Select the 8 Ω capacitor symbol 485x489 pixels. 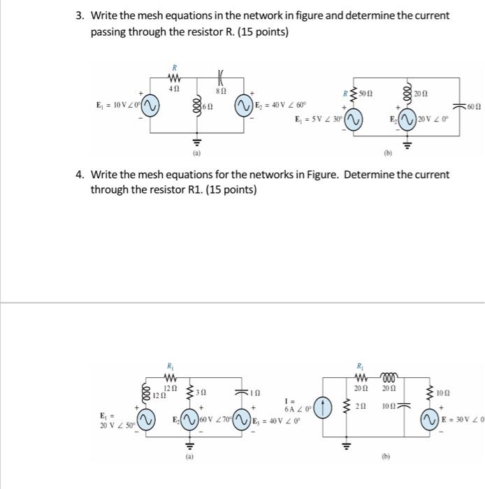click(x=221, y=77)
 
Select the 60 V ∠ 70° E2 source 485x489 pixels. click(x=189, y=420)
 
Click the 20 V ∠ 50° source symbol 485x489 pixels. click(x=146, y=421)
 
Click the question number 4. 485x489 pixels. click(x=80, y=175)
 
